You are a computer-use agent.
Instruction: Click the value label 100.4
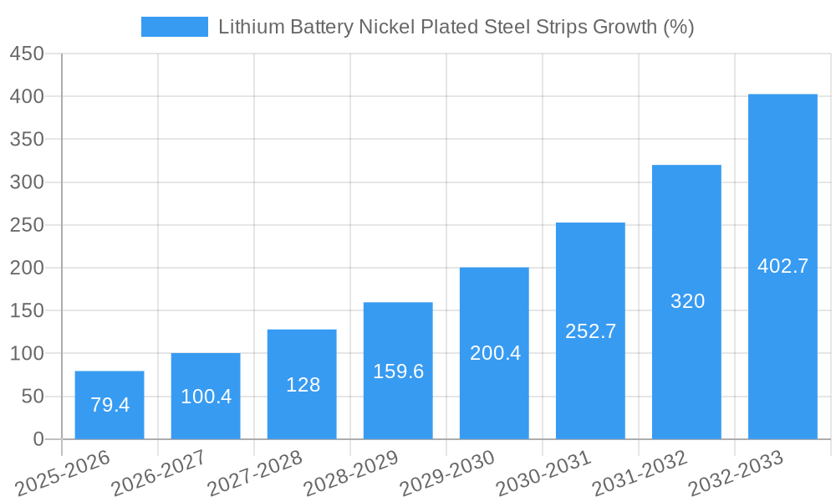click(x=206, y=397)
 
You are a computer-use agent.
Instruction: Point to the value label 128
click(x=303, y=385)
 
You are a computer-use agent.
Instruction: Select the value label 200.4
click(x=495, y=353)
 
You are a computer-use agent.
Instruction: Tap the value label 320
click(x=687, y=301)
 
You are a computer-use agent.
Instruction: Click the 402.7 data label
click(x=782, y=266)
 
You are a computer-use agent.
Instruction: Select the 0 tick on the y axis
click(x=38, y=439)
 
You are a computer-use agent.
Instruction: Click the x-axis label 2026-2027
click(x=159, y=473)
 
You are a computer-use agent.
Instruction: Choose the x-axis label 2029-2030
click(x=447, y=473)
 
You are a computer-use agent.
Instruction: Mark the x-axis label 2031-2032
click(x=640, y=473)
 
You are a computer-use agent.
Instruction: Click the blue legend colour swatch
click(x=174, y=27)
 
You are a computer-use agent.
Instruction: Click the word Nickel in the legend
click(x=385, y=27)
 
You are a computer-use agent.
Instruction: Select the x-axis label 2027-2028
click(x=255, y=473)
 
